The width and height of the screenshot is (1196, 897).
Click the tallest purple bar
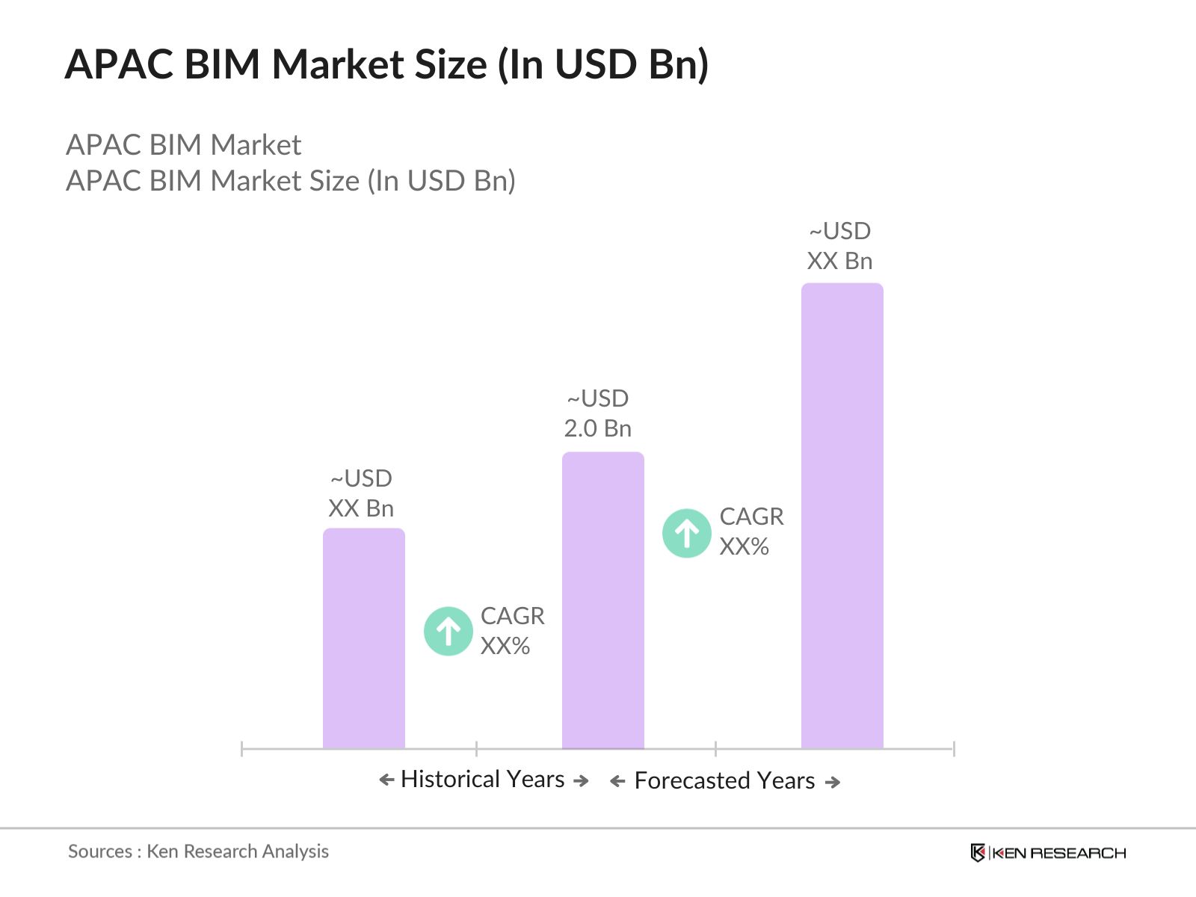pyautogui.click(x=842, y=516)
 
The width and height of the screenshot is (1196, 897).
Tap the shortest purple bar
pyautogui.click(x=363, y=638)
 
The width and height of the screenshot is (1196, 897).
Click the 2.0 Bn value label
pyautogui.click(x=597, y=428)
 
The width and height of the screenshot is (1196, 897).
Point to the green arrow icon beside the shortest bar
pyautogui.click(x=449, y=631)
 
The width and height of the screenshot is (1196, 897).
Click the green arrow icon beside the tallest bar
pyautogui.click(x=686, y=533)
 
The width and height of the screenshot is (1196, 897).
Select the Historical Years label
pyautogui.click(x=482, y=779)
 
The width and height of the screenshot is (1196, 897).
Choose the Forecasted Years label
pyautogui.click(x=724, y=780)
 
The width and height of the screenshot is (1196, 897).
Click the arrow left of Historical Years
pyautogui.click(x=386, y=780)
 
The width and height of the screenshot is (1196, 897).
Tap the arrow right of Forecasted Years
pyautogui.click(x=833, y=782)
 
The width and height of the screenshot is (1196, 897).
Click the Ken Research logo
pyautogui.click(x=1048, y=853)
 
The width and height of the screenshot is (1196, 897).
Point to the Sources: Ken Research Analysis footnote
pyautogui.click(x=198, y=851)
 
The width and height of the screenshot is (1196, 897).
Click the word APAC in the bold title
pyautogui.click(x=120, y=64)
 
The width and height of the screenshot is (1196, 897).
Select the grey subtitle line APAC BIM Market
pyautogui.click(x=183, y=145)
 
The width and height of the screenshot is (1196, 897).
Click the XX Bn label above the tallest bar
pyautogui.click(x=839, y=261)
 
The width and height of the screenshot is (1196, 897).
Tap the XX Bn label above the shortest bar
pyautogui.click(x=361, y=508)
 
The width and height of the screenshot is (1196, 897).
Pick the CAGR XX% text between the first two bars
pyautogui.click(x=512, y=631)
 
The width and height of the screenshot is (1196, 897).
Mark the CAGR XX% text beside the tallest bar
pyautogui.click(x=751, y=531)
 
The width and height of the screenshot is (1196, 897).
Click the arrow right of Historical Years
pyautogui.click(x=581, y=780)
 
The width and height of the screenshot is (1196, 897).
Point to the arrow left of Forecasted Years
pyautogui.click(x=617, y=782)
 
